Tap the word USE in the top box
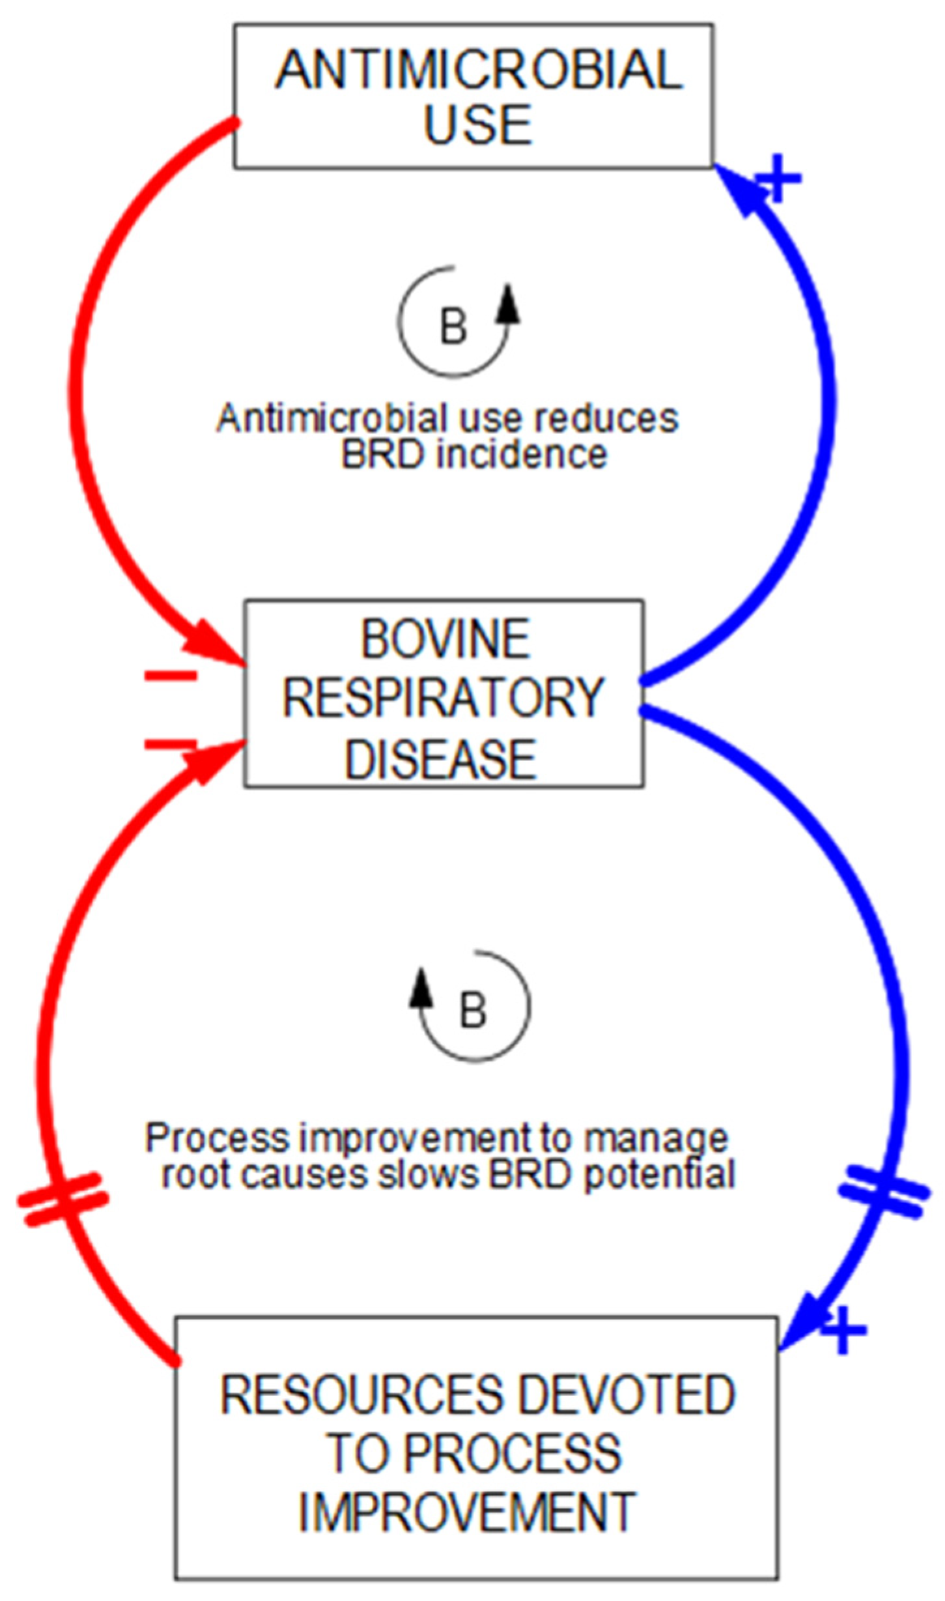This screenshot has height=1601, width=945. pos(479,124)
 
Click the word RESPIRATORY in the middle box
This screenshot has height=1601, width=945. pos(444,699)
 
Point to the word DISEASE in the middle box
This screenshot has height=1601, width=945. pos(440,759)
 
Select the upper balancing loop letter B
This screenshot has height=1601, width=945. pos(453,326)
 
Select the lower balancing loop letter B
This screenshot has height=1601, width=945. pos(473,1011)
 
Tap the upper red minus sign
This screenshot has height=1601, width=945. pos(171,676)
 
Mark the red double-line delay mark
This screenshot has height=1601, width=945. pos(62,1200)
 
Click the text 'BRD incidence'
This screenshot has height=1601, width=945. pos(473,455)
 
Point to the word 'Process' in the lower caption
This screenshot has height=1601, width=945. pos(216,1138)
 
